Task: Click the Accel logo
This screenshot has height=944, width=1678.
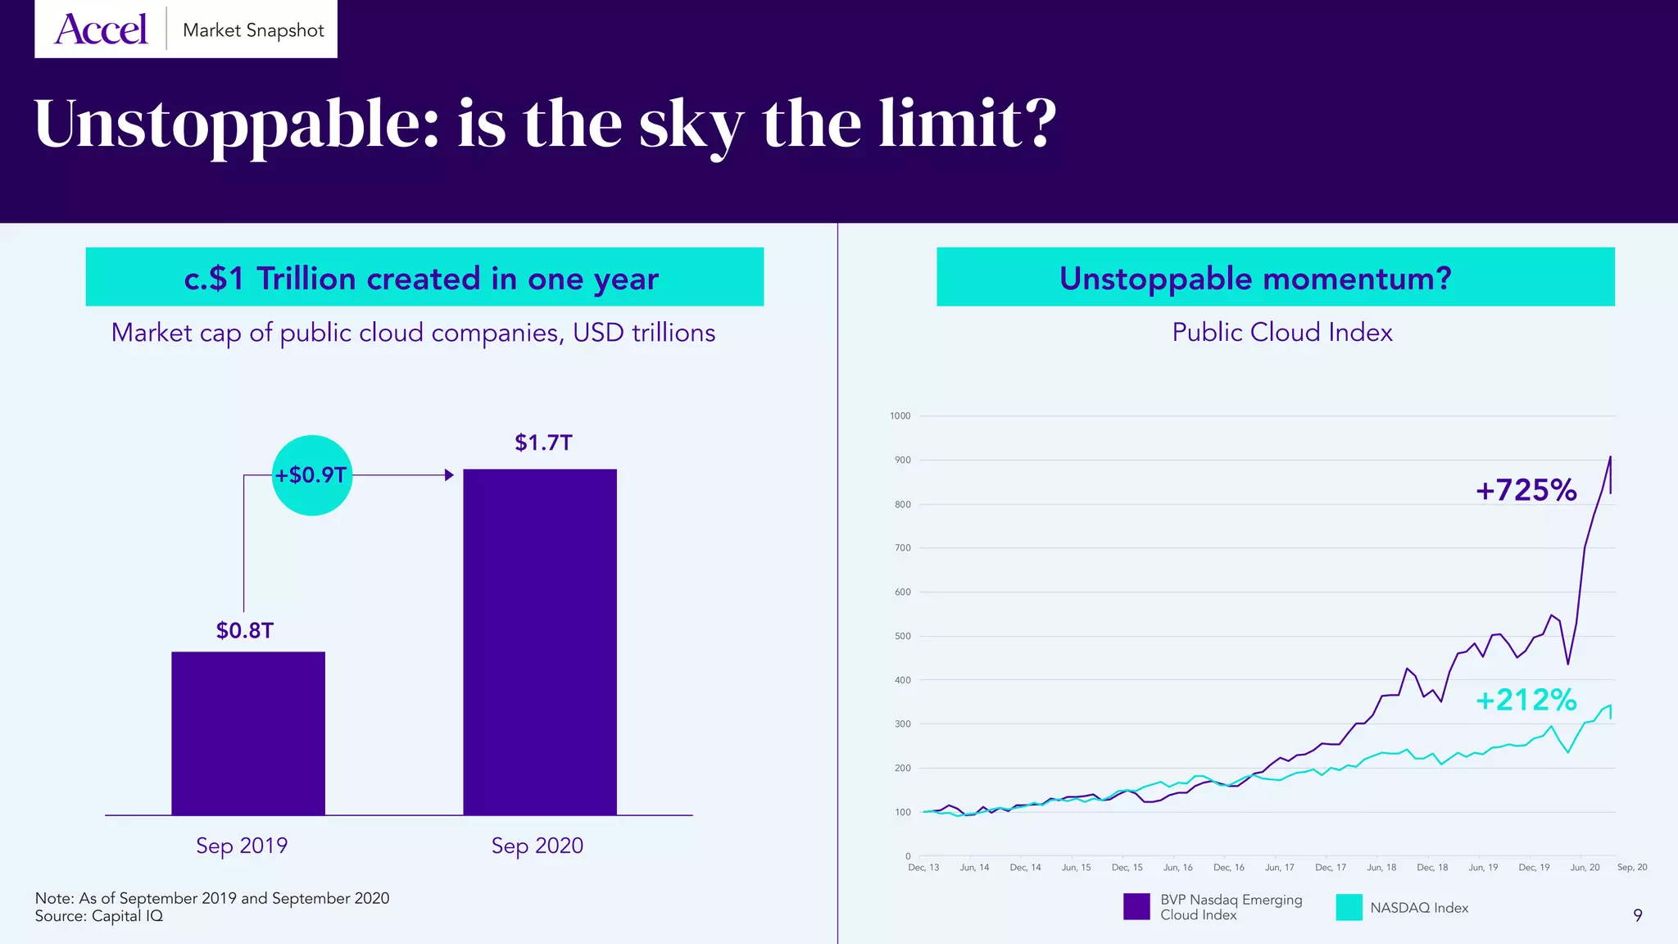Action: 101,29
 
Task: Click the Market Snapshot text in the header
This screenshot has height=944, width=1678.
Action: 253,30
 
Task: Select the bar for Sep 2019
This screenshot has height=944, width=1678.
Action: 247,733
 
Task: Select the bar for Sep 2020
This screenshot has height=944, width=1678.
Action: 539,642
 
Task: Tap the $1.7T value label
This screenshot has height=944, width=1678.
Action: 543,442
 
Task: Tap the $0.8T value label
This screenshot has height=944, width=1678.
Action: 244,630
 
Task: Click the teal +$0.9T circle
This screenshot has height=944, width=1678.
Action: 311,475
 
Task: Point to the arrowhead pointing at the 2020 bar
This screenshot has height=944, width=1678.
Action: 449,475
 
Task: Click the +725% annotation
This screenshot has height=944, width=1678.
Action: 1526,490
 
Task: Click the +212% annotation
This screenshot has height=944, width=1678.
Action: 1526,700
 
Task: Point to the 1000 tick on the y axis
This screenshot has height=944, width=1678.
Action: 900,416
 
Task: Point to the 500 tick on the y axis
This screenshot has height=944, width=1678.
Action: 902,636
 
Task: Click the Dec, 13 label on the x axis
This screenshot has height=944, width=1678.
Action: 923,867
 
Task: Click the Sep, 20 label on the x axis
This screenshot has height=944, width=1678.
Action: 1631,867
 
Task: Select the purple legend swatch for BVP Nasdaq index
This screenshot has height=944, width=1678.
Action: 1136,906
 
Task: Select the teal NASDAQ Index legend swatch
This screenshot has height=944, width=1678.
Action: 1349,906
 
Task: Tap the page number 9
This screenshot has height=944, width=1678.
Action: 1637,915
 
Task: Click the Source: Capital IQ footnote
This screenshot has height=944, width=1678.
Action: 99,916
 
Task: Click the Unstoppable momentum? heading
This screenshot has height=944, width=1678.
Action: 1255,279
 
